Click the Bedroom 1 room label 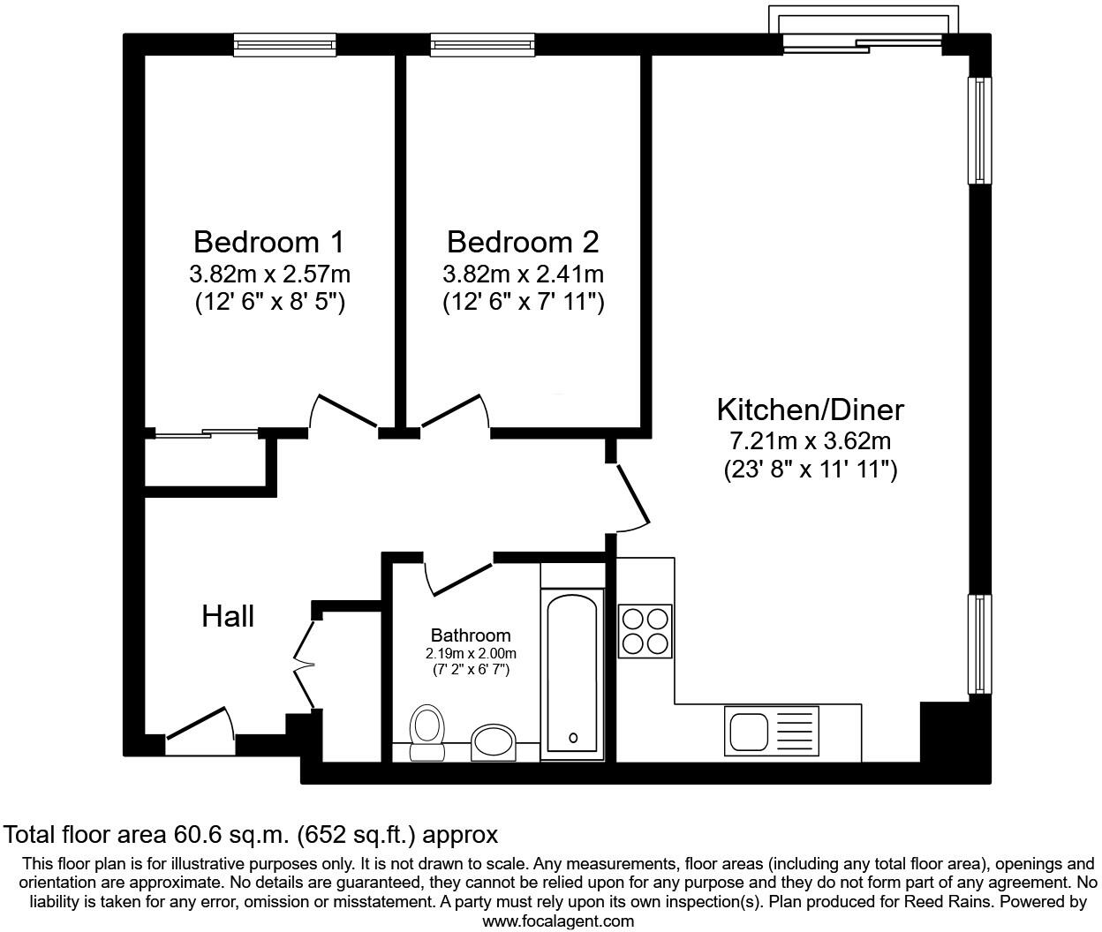click(x=268, y=241)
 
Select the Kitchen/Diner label click(x=810, y=410)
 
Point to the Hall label click(x=228, y=616)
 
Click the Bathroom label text click(x=470, y=635)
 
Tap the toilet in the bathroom click(x=427, y=732)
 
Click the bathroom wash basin click(x=491, y=742)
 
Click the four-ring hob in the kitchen click(x=645, y=630)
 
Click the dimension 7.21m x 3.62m click(x=810, y=440)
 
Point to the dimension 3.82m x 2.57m click(x=268, y=274)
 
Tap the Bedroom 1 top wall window click(x=285, y=44)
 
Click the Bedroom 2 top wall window click(x=482, y=44)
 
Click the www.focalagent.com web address click(x=558, y=921)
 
